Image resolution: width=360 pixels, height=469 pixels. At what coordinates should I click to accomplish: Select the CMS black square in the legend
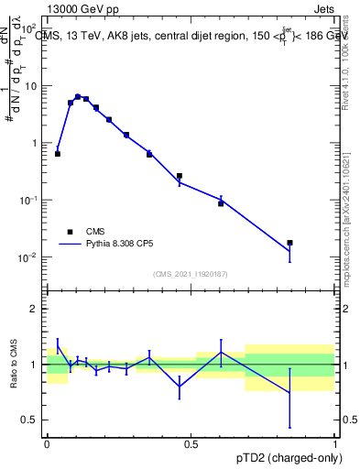[x=70, y=232]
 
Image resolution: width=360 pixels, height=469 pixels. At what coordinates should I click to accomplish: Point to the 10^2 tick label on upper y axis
[x=29, y=29]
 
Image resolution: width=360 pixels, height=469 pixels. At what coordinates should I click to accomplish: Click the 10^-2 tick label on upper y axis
[x=28, y=257]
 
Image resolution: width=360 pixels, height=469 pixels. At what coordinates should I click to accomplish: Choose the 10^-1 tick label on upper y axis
[x=28, y=201]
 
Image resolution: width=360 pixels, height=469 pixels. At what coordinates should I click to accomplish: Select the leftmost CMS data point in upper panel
[x=58, y=154]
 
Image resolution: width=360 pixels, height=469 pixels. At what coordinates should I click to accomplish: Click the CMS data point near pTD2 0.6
[x=221, y=203]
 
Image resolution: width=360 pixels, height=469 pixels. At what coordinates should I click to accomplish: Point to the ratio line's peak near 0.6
[x=221, y=352]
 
